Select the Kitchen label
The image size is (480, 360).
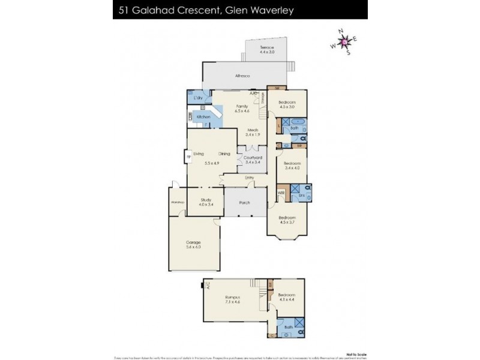tap(203, 116)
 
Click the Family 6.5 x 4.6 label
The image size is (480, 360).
tap(242, 108)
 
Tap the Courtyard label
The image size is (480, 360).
tap(252, 160)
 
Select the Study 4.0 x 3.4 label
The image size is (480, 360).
tap(206, 202)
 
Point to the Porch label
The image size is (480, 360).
tap(245, 202)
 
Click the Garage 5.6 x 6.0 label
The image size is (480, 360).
tap(193, 245)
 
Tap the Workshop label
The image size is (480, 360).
tap(177, 202)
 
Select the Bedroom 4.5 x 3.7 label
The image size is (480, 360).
tap(286, 220)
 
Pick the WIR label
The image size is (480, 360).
tap(280, 193)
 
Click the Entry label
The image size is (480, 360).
tap(249, 178)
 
